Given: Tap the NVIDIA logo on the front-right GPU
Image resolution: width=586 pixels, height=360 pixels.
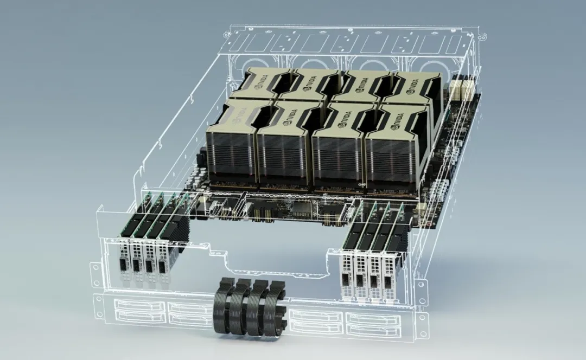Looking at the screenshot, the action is (x=397, y=121).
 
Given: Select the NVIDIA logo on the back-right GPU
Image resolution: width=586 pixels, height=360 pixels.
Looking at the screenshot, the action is (x=411, y=85).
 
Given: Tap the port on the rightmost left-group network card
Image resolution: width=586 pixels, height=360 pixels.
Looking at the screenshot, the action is (x=162, y=267).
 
